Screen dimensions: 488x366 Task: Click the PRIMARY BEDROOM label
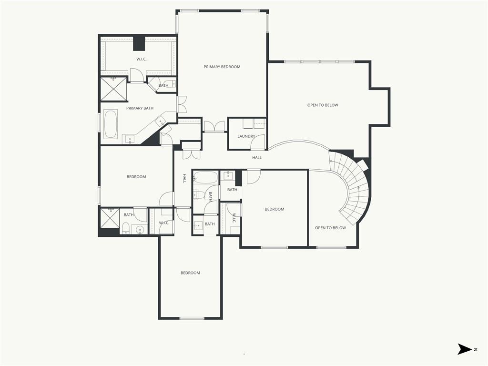click(x=222, y=67)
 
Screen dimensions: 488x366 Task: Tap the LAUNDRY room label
click(x=246, y=136)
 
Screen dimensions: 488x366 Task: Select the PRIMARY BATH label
click(x=140, y=108)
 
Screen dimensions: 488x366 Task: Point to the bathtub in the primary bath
click(x=111, y=124)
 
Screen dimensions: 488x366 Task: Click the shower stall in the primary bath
click(x=113, y=89)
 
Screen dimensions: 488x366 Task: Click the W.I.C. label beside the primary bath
click(x=142, y=59)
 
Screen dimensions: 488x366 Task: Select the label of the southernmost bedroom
click(x=190, y=273)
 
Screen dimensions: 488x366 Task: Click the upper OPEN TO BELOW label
click(x=323, y=105)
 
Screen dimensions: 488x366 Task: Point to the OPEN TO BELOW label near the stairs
click(x=331, y=228)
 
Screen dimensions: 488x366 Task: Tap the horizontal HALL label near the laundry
click(x=257, y=157)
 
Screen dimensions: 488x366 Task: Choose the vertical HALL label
click(x=184, y=178)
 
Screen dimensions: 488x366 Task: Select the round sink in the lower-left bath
click(x=141, y=230)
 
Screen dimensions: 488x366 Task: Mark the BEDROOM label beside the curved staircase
click(x=274, y=209)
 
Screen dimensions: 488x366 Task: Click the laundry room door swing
click(x=258, y=142)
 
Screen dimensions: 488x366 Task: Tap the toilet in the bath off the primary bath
click(x=170, y=84)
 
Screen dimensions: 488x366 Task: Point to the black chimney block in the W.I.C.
click(x=139, y=43)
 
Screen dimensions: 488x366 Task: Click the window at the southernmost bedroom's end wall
click(x=192, y=318)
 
